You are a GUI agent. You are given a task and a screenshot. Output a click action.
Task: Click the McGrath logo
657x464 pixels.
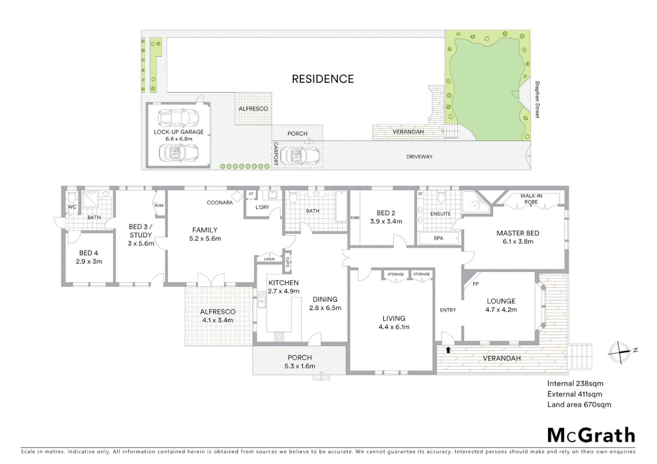(591, 435)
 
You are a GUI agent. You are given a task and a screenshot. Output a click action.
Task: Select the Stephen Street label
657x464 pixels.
(537, 99)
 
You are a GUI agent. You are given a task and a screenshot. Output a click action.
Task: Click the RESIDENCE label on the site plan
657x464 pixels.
(322, 79)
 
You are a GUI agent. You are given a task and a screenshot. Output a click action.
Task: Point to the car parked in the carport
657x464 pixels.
(300, 156)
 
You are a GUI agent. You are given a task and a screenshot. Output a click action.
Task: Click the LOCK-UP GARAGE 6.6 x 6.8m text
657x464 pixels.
(179, 135)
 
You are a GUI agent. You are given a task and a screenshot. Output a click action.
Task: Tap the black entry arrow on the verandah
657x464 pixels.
(448, 350)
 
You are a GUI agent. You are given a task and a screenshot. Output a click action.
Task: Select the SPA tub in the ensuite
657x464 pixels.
(438, 238)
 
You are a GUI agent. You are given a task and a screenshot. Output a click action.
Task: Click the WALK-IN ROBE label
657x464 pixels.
(531, 198)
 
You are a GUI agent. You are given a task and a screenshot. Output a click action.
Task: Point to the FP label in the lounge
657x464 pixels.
(476, 284)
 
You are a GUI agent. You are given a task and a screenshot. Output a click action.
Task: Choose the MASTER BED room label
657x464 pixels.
(518, 237)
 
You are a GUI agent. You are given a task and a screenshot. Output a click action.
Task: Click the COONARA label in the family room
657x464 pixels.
(220, 202)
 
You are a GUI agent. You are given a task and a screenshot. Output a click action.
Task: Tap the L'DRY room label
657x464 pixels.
(262, 207)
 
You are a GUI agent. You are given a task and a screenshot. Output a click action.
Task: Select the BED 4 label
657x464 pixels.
(89, 257)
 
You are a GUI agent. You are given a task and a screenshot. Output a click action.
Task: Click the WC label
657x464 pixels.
(72, 207)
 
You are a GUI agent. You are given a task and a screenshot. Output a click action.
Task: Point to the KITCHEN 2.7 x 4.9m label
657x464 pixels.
(283, 287)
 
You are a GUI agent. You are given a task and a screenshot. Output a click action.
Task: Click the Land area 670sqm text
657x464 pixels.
(579, 404)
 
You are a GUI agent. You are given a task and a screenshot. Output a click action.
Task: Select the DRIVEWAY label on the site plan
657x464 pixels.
(419, 156)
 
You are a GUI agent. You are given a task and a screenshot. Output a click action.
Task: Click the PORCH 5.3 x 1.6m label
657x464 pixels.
(300, 362)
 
